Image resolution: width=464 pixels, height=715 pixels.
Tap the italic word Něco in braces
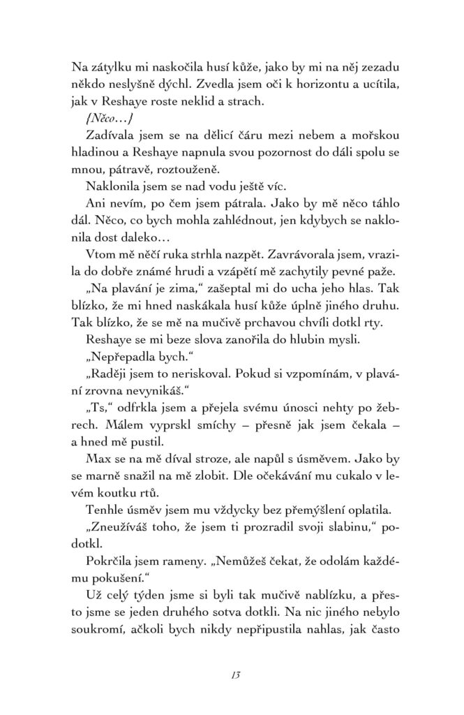point(102,118)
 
